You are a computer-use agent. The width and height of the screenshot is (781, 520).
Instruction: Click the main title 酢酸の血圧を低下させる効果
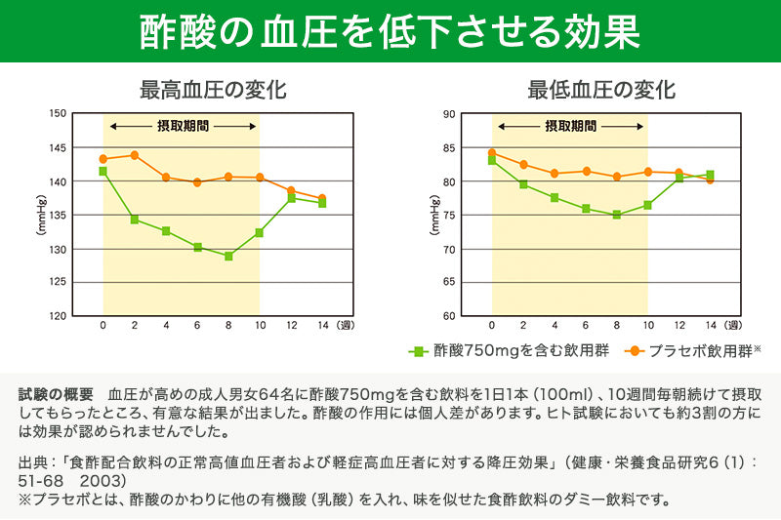click(x=390, y=31)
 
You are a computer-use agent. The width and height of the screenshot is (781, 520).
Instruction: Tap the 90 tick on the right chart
click(x=450, y=113)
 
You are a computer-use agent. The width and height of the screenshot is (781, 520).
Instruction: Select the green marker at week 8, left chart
click(x=228, y=257)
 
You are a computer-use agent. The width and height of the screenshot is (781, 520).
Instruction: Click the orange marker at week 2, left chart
click(x=135, y=155)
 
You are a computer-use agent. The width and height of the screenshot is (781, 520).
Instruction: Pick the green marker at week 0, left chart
click(x=103, y=171)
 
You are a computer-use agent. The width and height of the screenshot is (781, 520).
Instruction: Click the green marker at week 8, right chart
click(x=616, y=215)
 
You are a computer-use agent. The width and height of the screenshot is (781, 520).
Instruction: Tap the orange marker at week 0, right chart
click(x=491, y=152)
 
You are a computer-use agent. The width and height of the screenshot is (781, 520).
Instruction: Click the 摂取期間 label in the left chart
click(x=182, y=127)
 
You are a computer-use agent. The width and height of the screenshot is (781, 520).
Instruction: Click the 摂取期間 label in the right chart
click(x=569, y=127)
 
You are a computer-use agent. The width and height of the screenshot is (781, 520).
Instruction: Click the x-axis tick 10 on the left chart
click(x=260, y=324)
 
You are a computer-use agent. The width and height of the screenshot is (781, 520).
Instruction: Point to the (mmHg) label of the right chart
click(x=432, y=215)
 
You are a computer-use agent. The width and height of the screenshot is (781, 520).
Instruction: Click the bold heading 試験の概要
click(x=57, y=394)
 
